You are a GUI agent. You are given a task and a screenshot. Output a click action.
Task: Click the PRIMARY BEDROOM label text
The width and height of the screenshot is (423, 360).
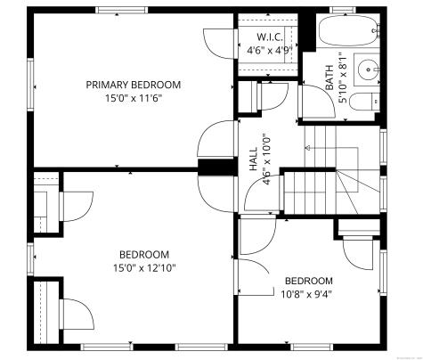[x=133, y=85]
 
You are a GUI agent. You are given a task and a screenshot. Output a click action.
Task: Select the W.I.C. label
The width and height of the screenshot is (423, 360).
[x=270, y=37]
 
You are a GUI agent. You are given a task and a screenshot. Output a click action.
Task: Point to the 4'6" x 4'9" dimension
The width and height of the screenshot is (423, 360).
[x=270, y=51]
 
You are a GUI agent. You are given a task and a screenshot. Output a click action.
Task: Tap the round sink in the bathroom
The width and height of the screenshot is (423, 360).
[x=369, y=67]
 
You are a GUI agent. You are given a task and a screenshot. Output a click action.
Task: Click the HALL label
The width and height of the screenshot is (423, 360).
[x=253, y=159]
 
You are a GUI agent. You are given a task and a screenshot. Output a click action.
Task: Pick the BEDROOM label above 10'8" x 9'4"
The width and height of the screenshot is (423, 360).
[x=308, y=280]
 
